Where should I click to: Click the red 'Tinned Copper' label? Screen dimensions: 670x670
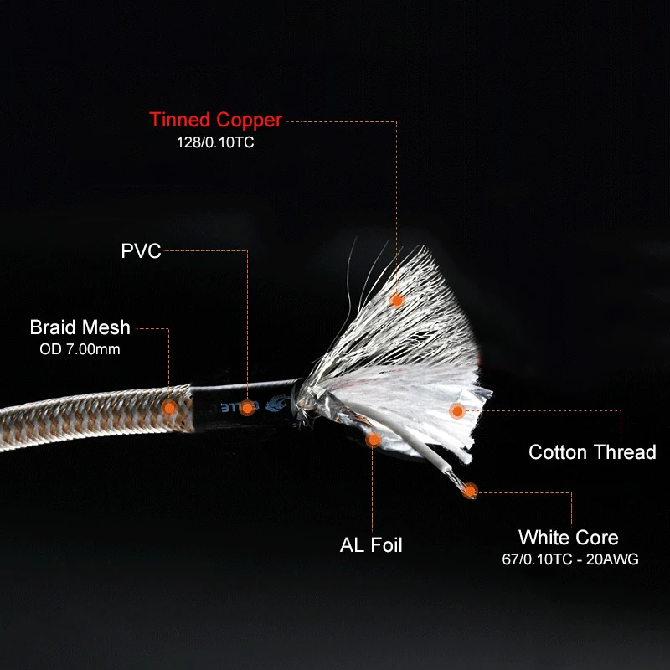[x=216, y=120]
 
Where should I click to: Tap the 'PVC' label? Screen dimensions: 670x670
[x=141, y=250]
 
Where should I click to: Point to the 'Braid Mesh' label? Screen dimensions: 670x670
[x=80, y=327]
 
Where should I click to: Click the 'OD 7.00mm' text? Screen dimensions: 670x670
[x=80, y=348]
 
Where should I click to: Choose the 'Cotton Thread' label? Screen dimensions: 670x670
[x=592, y=453]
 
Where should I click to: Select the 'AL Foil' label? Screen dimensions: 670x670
[x=371, y=545]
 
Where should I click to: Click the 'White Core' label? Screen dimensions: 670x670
[x=568, y=538]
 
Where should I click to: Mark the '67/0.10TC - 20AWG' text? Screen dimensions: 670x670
[x=568, y=559]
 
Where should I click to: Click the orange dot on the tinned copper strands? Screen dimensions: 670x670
[x=397, y=299]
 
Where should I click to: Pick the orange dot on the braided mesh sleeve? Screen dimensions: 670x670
[x=169, y=407]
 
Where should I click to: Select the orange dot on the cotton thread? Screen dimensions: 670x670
[x=456, y=410]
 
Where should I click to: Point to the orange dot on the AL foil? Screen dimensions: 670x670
[x=374, y=438]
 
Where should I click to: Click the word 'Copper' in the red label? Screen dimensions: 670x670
[x=249, y=120]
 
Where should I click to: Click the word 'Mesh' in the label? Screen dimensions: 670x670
[x=108, y=327]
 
